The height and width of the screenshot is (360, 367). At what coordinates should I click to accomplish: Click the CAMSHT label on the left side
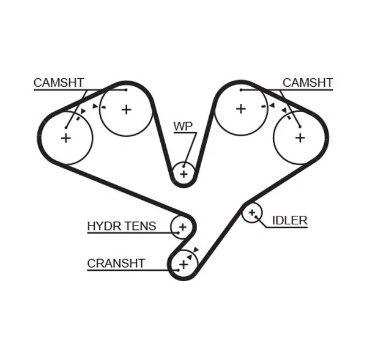point(59,83)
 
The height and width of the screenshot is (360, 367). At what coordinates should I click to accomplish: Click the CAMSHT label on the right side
point(308,83)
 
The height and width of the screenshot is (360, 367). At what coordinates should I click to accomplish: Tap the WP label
point(183,127)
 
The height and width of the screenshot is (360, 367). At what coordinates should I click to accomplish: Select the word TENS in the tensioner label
point(140,226)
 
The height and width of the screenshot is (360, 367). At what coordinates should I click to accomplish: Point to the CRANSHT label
point(116,263)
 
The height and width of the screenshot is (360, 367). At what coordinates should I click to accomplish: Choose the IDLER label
point(289,221)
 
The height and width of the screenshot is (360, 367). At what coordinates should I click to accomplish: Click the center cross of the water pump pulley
point(183,174)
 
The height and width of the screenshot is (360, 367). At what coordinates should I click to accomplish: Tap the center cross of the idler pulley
point(251,213)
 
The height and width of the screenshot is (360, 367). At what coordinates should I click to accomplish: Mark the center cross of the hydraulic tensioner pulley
point(182,227)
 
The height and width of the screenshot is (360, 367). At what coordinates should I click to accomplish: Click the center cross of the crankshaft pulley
point(183,265)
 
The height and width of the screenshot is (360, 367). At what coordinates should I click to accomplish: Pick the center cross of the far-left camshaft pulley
point(66,138)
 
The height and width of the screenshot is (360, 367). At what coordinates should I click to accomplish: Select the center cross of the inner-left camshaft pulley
point(126,109)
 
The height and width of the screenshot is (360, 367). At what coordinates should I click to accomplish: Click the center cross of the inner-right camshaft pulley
point(241,109)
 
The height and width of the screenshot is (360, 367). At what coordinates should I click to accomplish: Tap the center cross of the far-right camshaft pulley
point(300,138)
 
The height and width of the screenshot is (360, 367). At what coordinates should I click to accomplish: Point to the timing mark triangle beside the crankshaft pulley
point(196,249)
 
